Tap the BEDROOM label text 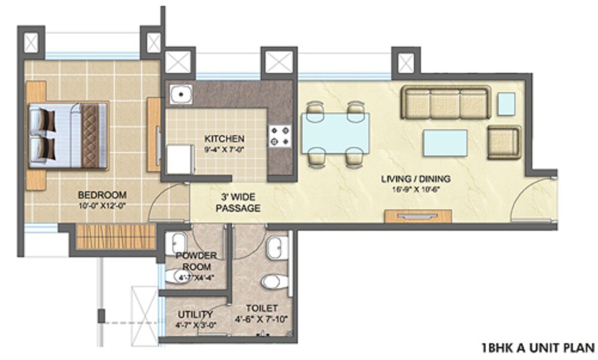point(102,195)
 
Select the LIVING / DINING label point(416,179)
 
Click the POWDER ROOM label point(196,261)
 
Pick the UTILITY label point(195,315)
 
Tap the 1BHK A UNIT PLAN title point(538,346)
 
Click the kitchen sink point(180,94)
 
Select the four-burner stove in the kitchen point(279,135)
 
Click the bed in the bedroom point(69,136)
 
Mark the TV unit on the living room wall point(417,216)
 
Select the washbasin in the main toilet point(276,248)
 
